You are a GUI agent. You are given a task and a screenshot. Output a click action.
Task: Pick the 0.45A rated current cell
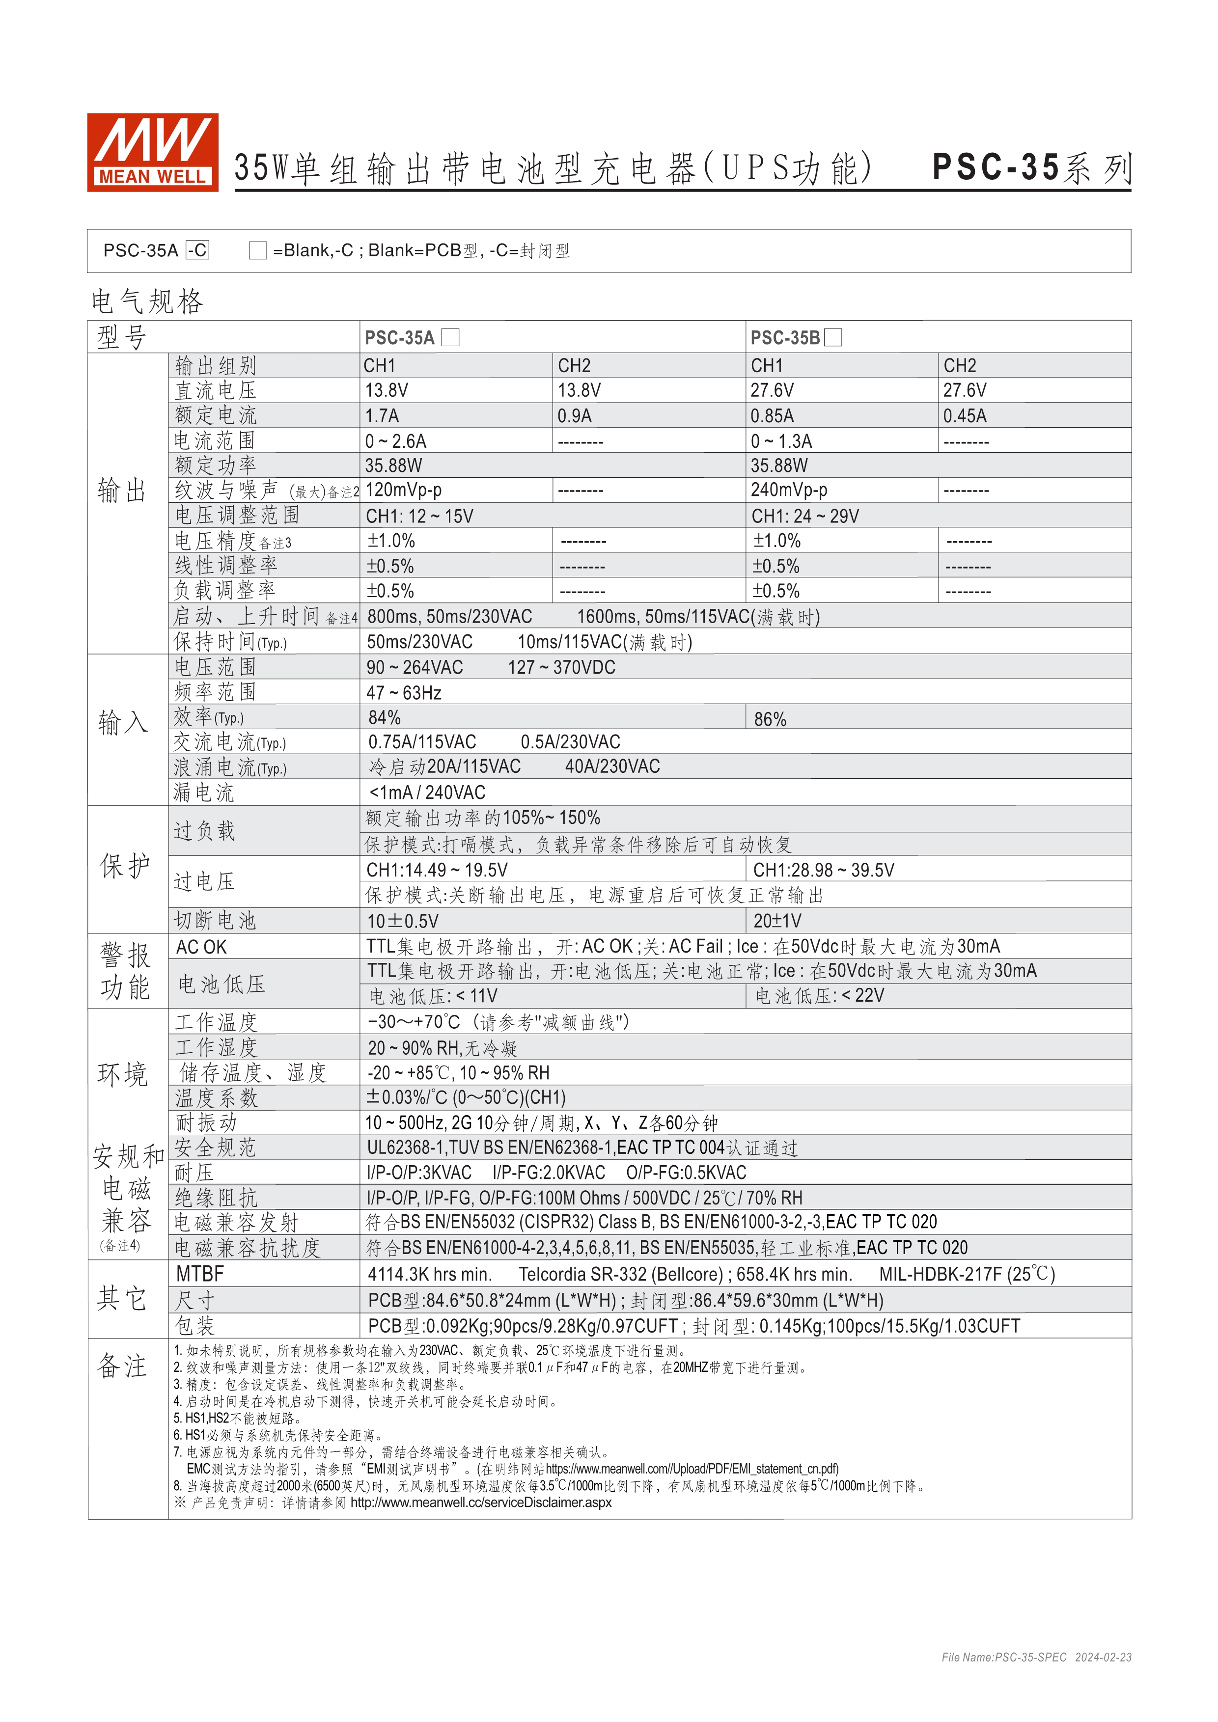pyautogui.click(x=965, y=415)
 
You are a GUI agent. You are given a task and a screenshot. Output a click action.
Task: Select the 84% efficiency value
pyautogui.click(x=384, y=718)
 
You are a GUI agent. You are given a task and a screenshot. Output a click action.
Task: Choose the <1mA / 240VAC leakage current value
pyautogui.click(x=427, y=792)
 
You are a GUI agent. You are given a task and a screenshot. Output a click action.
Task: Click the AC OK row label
pyautogui.click(x=201, y=947)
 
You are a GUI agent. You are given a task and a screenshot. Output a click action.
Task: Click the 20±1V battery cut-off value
pyautogui.click(x=777, y=920)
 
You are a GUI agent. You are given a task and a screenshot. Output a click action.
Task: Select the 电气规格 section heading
pyautogui.click(x=147, y=301)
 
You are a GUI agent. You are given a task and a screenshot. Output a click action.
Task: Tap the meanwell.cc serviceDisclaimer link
pyautogui.click(x=481, y=1502)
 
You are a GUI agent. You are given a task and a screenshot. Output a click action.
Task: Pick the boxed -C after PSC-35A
pyautogui.click(x=197, y=250)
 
